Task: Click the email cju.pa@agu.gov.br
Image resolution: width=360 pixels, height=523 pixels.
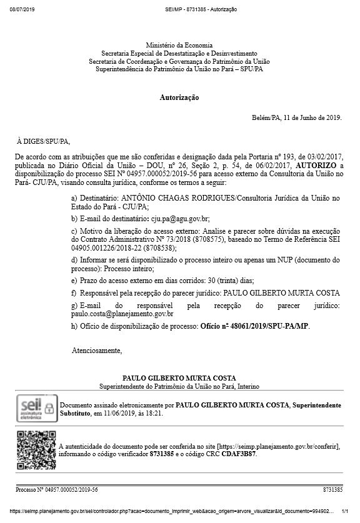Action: [182, 219]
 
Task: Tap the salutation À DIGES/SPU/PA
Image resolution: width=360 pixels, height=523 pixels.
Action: [44, 142]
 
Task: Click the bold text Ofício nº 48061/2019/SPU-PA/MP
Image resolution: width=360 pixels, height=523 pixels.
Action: [254, 326]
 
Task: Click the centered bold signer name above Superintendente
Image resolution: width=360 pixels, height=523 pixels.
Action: [179, 379]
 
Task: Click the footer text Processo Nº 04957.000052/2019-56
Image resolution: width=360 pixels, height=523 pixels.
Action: [56, 490]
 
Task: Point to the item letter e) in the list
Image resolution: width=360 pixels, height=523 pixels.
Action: [74, 281]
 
